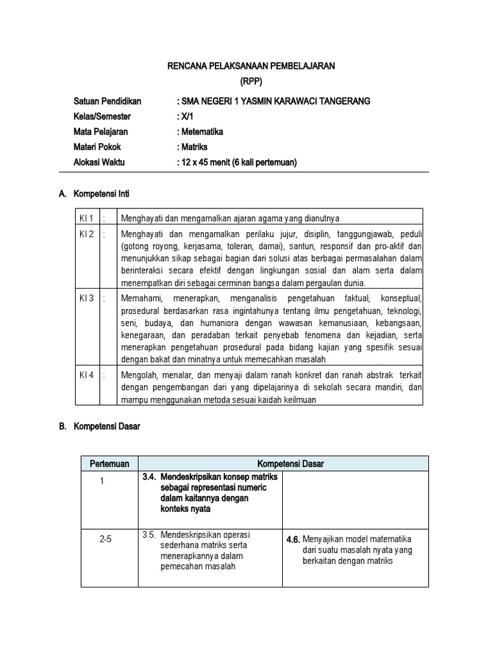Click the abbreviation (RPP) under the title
point(251,82)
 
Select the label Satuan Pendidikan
point(107,102)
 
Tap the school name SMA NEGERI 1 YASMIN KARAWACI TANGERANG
point(273,102)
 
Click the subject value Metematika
point(200,132)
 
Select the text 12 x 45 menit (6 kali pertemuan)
point(237,163)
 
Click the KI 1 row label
point(86,218)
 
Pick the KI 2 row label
point(86,235)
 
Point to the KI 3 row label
point(86,298)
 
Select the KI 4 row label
point(86,375)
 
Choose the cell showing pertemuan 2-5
point(106,538)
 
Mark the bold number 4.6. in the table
point(292,539)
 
